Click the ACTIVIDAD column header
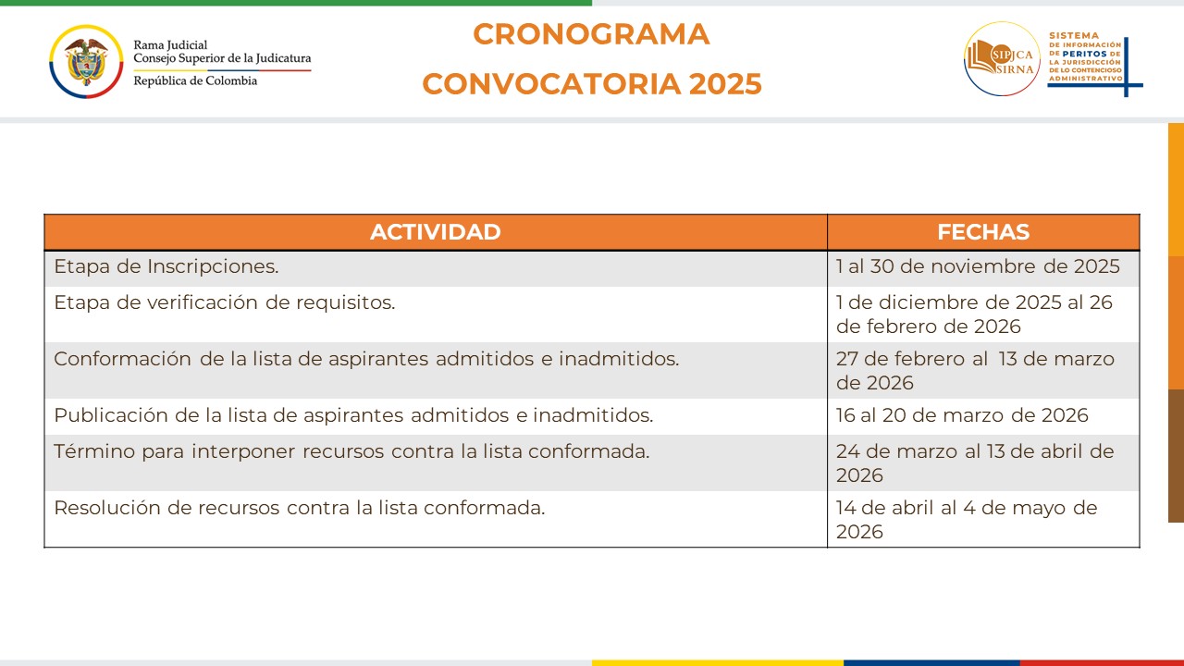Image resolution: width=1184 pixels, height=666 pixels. click(x=435, y=232)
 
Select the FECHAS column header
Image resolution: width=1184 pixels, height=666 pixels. click(x=982, y=232)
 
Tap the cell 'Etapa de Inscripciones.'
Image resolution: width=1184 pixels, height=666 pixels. click(x=166, y=267)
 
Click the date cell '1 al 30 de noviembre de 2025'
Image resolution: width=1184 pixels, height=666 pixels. click(x=978, y=267)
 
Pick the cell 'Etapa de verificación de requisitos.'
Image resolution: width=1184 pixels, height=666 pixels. click(x=225, y=303)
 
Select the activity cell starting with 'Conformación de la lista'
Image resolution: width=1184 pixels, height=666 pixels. click(x=366, y=359)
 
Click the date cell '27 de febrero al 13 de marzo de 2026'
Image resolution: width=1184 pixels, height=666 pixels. click(x=975, y=370)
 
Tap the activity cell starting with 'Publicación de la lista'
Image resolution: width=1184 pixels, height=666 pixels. click(x=353, y=415)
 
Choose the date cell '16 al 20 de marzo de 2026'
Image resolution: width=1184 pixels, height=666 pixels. click(x=962, y=415)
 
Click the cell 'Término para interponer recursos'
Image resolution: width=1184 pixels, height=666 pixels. click(x=351, y=452)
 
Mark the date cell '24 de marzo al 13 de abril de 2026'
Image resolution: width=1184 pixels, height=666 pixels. click(x=975, y=462)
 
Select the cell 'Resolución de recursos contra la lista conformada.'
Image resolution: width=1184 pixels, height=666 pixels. click(x=300, y=508)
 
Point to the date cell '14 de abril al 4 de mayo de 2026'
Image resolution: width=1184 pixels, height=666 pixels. click(x=967, y=519)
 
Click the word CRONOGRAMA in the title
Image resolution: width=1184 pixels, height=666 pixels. click(x=591, y=34)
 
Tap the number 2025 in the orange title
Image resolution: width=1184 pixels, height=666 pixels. click(x=725, y=84)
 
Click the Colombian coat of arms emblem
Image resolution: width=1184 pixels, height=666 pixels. click(x=86, y=61)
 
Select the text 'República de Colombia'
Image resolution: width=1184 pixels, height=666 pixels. click(x=195, y=80)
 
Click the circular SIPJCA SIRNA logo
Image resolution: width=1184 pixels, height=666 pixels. click(x=1002, y=59)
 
